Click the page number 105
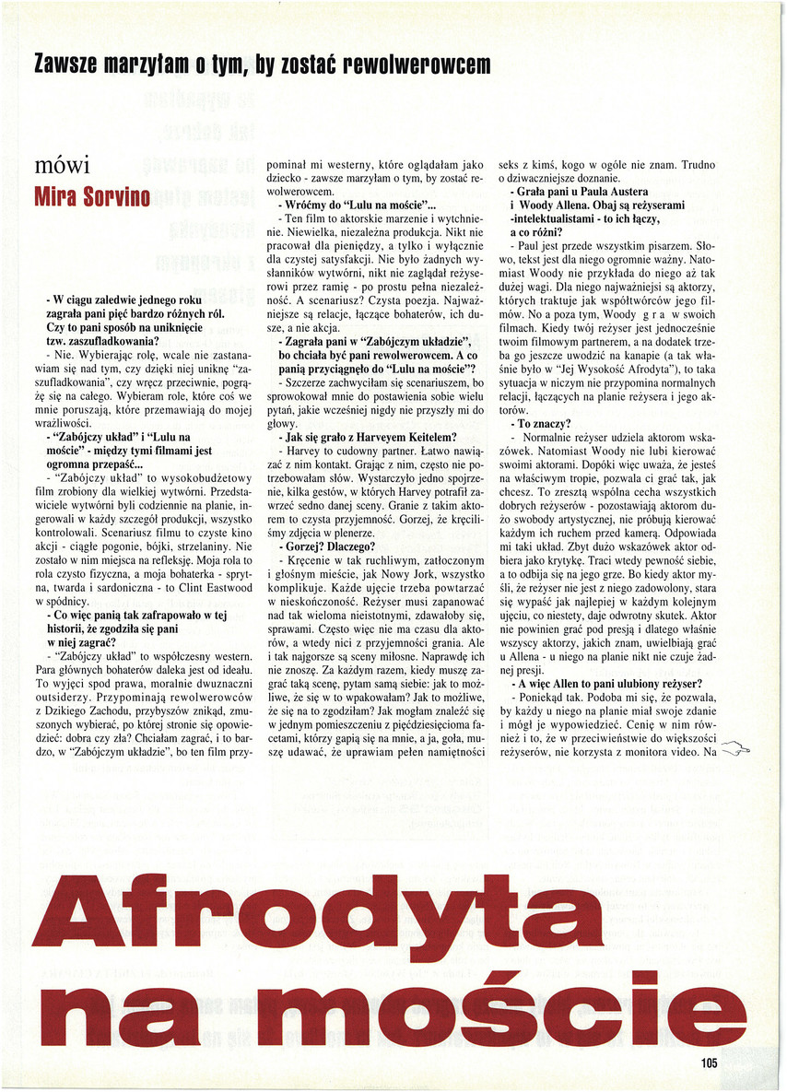(x=708, y=1063)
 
